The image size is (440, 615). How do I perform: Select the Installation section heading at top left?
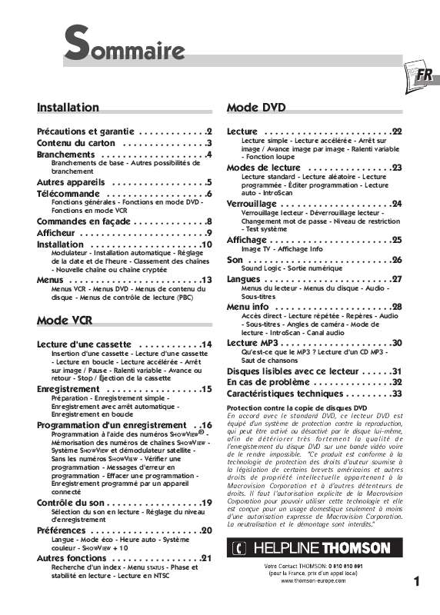coord(68,108)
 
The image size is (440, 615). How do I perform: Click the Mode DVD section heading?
coord(257,108)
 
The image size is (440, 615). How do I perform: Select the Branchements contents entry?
coord(66,155)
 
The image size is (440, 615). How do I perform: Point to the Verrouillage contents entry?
coord(252,204)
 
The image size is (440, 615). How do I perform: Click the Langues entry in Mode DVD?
coord(246,279)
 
